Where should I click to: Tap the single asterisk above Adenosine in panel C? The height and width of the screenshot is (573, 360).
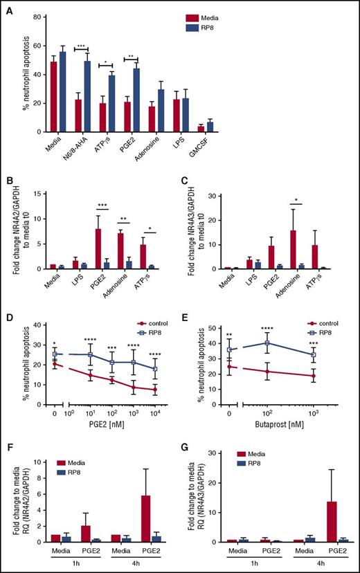pyautogui.click(x=287, y=206)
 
